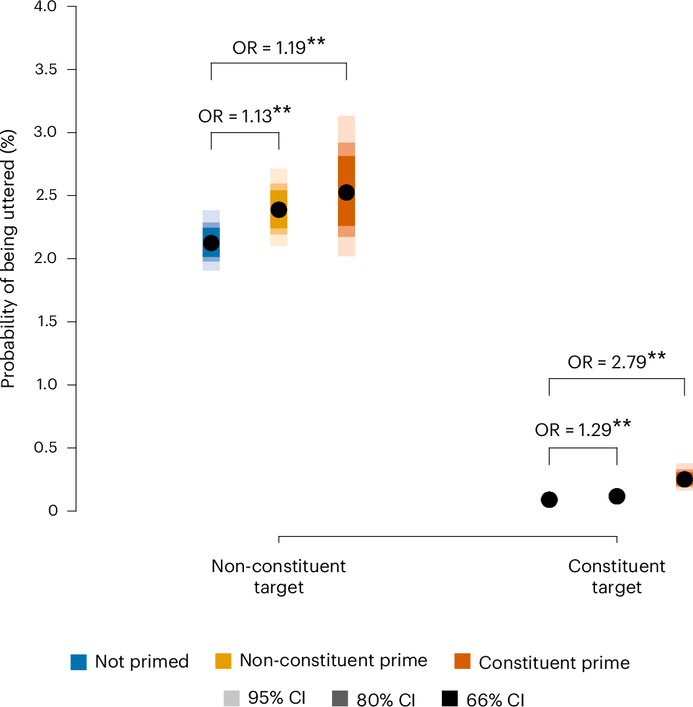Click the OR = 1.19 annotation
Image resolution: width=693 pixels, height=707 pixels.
[279, 48]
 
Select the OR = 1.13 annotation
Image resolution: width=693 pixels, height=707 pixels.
[245, 116]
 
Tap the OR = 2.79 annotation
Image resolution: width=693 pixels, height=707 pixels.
[617, 361]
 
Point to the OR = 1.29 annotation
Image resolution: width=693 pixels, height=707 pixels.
[583, 429]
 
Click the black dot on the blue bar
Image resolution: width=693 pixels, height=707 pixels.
[211, 243]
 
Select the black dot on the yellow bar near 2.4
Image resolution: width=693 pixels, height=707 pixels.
[279, 210]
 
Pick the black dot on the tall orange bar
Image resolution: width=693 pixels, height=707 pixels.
[346, 193]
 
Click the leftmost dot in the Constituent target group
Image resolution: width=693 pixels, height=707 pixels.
[549, 500]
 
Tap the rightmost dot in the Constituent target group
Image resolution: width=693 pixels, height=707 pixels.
[684, 479]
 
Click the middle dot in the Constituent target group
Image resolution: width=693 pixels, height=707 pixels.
[617, 497]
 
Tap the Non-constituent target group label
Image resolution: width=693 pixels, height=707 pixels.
[279, 577]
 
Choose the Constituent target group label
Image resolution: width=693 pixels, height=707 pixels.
[617, 577]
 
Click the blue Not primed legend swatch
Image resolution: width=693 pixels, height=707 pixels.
[79, 662]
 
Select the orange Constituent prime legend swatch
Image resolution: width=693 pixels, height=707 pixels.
[463, 662]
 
